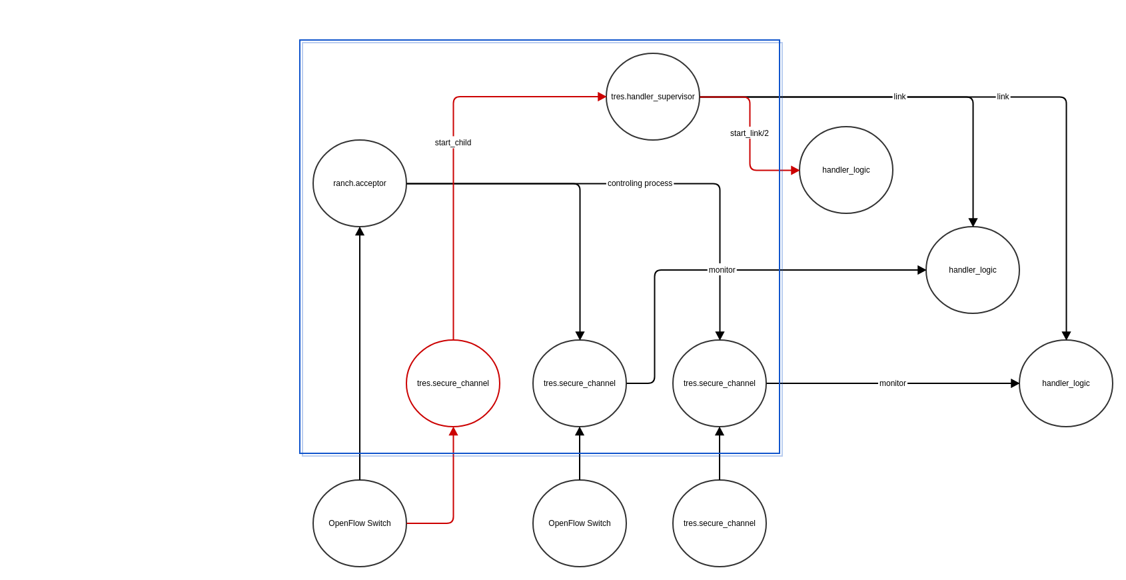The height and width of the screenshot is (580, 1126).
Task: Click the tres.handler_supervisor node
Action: [652, 97]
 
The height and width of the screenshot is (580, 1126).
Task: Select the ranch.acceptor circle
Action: [359, 183]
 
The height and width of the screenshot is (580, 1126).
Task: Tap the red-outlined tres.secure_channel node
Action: [453, 383]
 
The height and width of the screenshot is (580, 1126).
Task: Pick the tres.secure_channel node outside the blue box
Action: [720, 523]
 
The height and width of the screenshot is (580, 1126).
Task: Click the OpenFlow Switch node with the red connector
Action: [359, 523]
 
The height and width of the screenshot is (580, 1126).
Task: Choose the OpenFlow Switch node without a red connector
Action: [580, 523]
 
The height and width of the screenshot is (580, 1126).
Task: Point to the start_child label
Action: [453, 143]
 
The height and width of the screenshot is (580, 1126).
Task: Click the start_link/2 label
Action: [750, 133]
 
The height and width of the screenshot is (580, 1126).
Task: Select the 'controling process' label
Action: [640, 183]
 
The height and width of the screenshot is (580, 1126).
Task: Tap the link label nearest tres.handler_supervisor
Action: [899, 97]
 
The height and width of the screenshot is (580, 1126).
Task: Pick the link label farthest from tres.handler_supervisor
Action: [1003, 97]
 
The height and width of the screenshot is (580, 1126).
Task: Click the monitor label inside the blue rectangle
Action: [722, 270]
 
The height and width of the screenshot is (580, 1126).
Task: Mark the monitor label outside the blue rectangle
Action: [892, 383]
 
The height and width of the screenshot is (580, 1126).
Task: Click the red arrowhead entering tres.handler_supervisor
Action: [602, 97]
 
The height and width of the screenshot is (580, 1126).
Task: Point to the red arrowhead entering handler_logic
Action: [795, 170]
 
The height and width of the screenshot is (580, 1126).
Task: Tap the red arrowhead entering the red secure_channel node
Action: [453, 431]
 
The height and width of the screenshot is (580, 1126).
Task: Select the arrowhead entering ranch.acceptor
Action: [360, 231]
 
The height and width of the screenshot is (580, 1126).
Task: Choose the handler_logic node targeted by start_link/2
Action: [846, 170]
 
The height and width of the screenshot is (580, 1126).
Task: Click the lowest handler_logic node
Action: [1066, 383]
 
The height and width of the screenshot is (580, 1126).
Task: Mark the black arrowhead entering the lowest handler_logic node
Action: [1015, 383]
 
